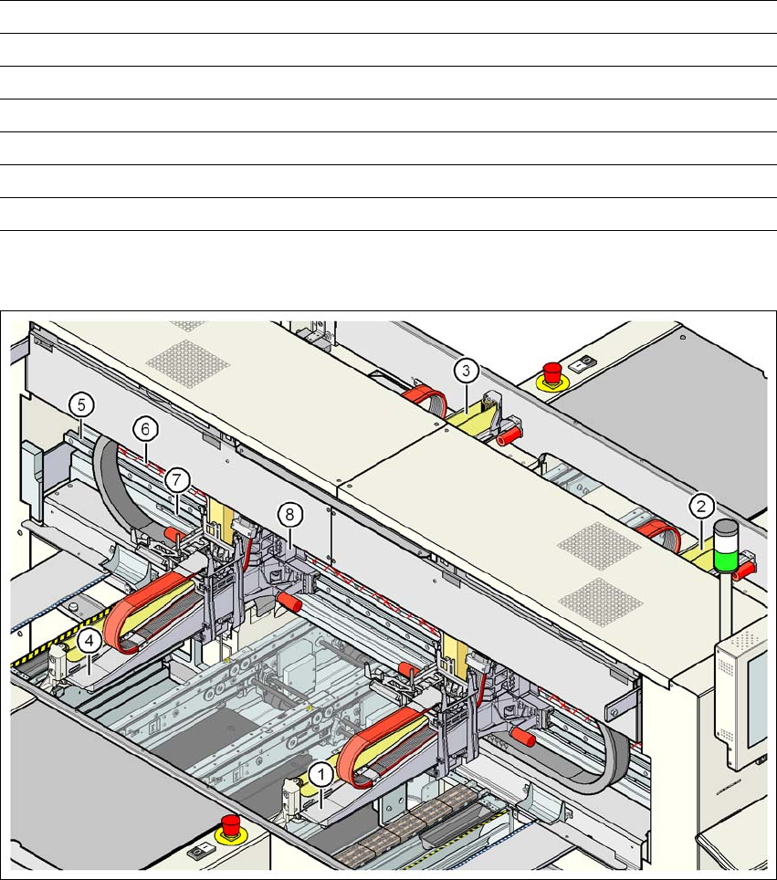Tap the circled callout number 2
(x=700, y=503)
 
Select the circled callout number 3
(x=466, y=371)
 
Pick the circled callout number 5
(x=80, y=403)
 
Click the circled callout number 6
(x=142, y=426)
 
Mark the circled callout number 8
(x=289, y=515)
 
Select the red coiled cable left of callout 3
(x=422, y=395)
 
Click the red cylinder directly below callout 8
(x=289, y=602)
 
